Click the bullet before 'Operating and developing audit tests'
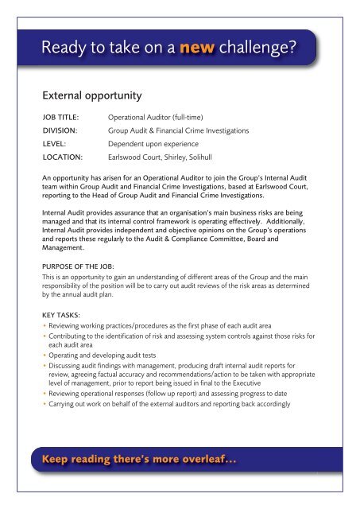(x=45, y=360)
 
